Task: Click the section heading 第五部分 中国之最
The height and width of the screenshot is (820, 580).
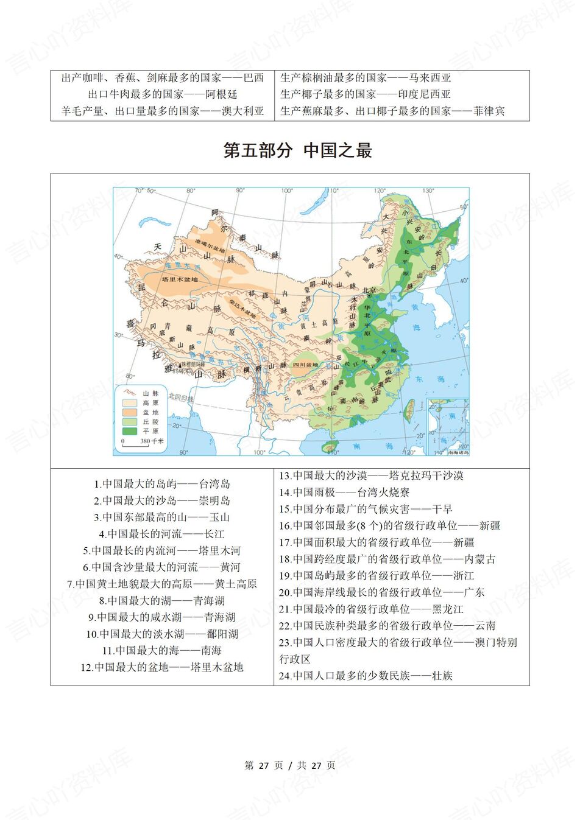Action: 297,150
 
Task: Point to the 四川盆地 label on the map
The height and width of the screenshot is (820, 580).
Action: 303,365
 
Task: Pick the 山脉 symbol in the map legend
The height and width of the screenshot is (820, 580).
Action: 130,393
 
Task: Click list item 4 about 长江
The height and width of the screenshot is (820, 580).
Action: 161,534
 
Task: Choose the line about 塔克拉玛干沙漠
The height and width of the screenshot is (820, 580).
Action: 371,475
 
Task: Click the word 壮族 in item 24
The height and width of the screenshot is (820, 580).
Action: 442,675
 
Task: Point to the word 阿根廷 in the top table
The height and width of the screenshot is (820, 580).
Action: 221,94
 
